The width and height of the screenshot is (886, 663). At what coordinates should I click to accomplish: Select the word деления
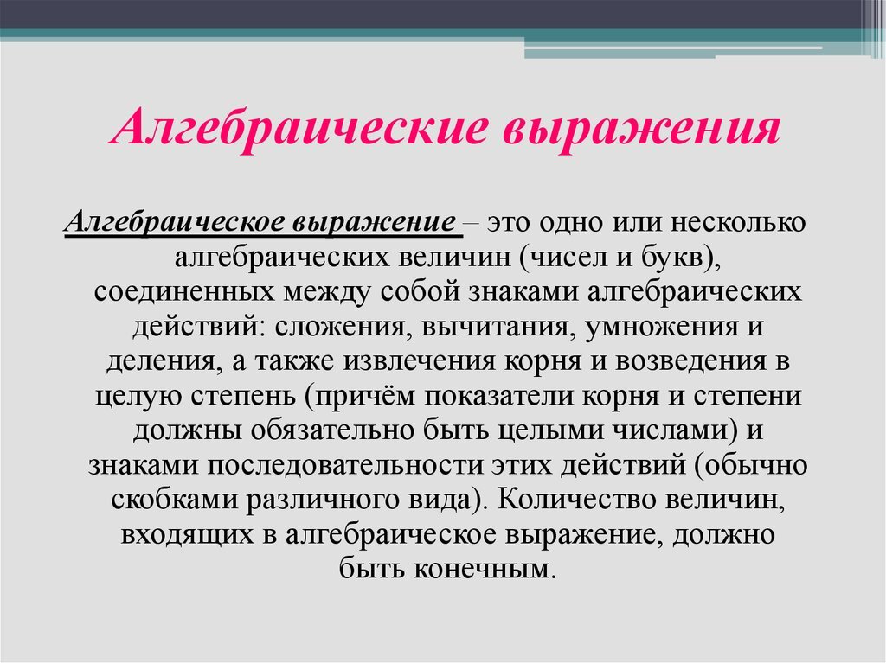click(155, 361)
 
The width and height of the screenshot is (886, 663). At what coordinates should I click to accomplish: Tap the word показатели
click(503, 397)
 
